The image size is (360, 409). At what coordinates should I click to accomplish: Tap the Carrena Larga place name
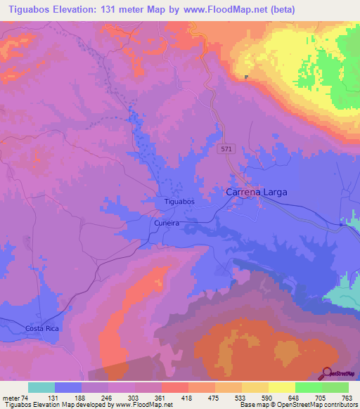256,191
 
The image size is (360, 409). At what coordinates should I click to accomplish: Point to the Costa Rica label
42,329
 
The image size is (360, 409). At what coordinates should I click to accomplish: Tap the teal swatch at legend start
41,387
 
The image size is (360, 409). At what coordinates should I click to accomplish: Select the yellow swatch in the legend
281,387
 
